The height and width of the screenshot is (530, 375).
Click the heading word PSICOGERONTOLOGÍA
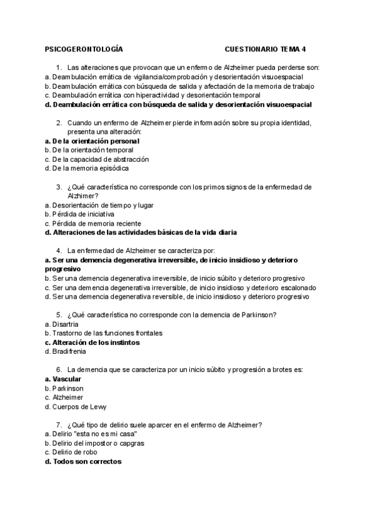coord(84,48)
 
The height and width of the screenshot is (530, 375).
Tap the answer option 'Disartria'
coord(65,324)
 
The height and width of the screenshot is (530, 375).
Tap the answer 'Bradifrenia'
coord(69,352)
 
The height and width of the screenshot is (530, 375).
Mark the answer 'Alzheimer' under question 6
coord(68,397)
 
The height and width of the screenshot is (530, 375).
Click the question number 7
coord(58,425)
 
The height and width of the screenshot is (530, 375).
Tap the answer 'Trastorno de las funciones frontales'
coord(107,334)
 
